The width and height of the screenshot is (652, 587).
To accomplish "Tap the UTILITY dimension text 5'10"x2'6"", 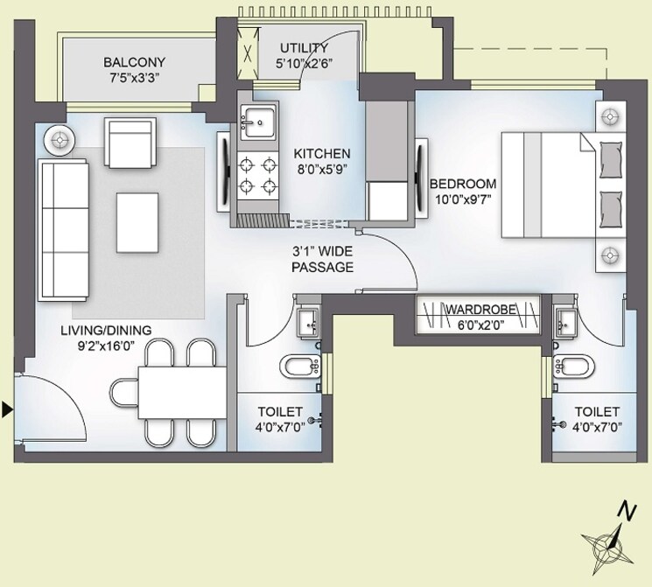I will [x=304, y=63].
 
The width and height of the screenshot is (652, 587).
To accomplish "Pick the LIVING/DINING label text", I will [x=106, y=330].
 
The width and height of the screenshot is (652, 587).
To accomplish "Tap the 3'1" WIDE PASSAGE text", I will [x=323, y=259].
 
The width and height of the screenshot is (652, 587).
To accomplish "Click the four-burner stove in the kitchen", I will [x=257, y=175].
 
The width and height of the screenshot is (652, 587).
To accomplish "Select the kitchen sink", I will [x=257, y=123].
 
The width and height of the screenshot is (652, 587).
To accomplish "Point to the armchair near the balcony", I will [x=130, y=139].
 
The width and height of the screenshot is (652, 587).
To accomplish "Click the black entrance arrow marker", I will [x=8, y=409].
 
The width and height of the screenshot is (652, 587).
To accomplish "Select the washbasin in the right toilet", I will [x=564, y=321].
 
